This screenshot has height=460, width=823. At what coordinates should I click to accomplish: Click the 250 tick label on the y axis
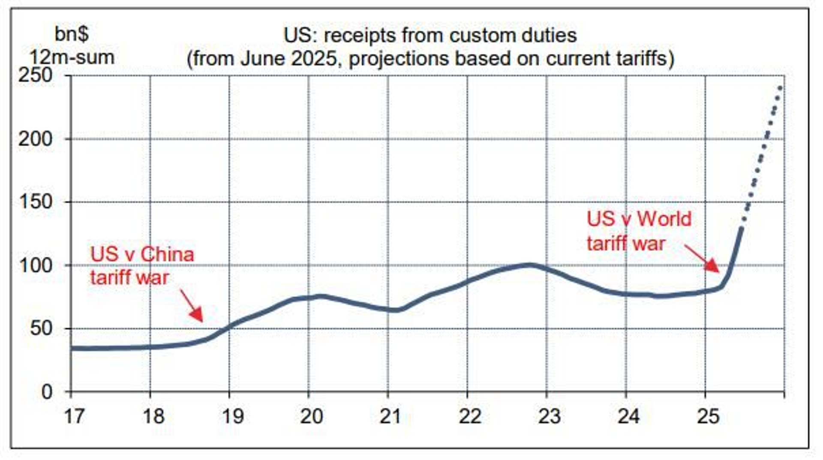pyautogui.click(x=35, y=76)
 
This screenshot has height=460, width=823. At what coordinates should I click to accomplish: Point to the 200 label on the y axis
pyautogui.click(x=35, y=139)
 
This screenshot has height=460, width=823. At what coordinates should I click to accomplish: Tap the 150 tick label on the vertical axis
pyautogui.click(x=35, y=202)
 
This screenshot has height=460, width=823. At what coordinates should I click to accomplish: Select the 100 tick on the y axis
pyautogui.click(x=35, y=265)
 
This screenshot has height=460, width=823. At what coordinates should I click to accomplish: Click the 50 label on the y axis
pyautogui.click(x=41, y=328)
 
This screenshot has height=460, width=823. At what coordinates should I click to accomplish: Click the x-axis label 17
pyautogui.click(x=74, y=416)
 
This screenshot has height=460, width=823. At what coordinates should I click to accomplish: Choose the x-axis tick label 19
pyautogui.click(x=233, y=416)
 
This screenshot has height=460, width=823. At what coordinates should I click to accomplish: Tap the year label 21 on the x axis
pyautogui.click(x=391, y=416)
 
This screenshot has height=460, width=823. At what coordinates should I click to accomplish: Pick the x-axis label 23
pyautogui.click(x=550, y=416)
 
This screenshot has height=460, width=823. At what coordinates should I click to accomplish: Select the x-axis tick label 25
pyautogui.click(x=708, y=416)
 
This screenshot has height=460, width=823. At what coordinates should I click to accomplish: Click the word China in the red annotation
pyautogui.click(x=167, y=255)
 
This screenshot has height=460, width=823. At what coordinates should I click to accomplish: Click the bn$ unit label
pyautogui.click(x=72, y=34)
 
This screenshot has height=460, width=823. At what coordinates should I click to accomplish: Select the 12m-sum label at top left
pyautogui.click(x=72, y=57)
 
